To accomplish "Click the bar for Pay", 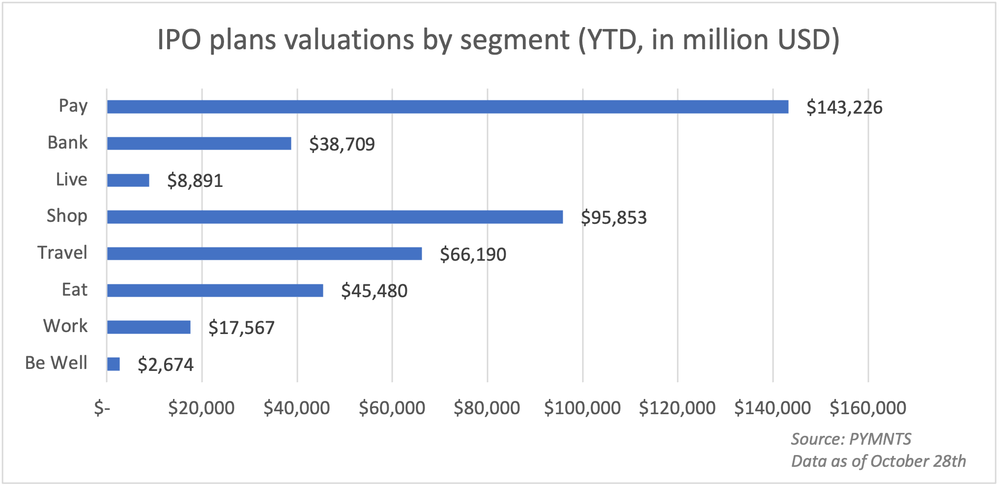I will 447,107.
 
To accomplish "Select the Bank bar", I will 199,143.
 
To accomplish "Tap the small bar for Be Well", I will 114,364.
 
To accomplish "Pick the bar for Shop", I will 335,217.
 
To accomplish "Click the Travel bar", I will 264,254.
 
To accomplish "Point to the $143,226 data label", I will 844,107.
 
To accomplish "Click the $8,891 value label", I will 195,181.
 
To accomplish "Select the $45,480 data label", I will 374,291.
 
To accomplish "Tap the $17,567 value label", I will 241,328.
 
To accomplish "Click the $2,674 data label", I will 166,365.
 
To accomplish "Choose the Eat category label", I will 74,289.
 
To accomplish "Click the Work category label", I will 65,326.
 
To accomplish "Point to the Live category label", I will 71,179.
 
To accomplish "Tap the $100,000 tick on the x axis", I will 582,408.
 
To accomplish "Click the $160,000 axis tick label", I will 868,408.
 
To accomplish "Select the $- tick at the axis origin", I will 102,408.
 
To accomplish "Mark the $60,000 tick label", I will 392,408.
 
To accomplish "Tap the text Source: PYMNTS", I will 851,439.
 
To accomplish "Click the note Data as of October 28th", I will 878,461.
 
